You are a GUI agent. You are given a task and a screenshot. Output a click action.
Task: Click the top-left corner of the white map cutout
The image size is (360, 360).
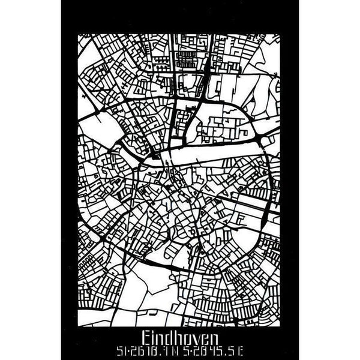pyautogui.click(x=79, y=34)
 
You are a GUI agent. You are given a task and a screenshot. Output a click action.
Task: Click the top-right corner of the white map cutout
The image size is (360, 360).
pyautogui.click(x=281, y=34)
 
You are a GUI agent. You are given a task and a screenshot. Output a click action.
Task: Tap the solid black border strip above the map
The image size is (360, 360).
pyautogui.click(x=180, y=17)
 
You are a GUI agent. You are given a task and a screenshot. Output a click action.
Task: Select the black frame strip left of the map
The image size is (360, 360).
pyautogui.click(x=69, y=180)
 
